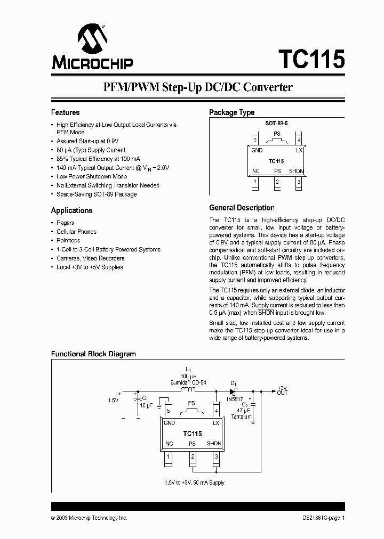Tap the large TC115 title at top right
(x=311, y=60)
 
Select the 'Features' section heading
(x=65, y=112)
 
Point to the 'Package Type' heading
(x=231, y=112)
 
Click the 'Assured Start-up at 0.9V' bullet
(x=87, y=141)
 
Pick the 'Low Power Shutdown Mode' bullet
(x=92, y=176)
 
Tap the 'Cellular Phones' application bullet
(x=76, y=232)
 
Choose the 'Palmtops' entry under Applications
(x=68, y=241)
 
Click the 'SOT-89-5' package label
(x=276, y=123)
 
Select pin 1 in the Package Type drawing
(x=255, y=182)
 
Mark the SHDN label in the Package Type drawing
(x=297, y=171)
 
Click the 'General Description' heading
(x=242, y=208)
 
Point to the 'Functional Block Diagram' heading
(x=93, y=354)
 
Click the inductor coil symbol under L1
(x=187, y=389)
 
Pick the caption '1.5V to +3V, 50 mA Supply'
(x=194, y=483)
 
